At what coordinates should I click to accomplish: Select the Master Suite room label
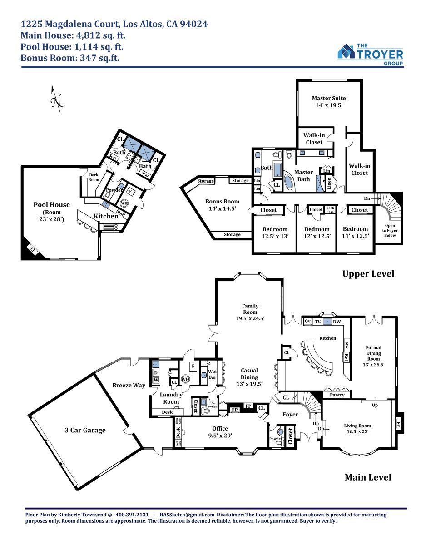329,102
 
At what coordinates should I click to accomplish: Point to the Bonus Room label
222,205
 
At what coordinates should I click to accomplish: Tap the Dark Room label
94,177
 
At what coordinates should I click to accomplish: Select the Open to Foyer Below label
390,230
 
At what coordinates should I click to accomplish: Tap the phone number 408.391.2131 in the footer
132,515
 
